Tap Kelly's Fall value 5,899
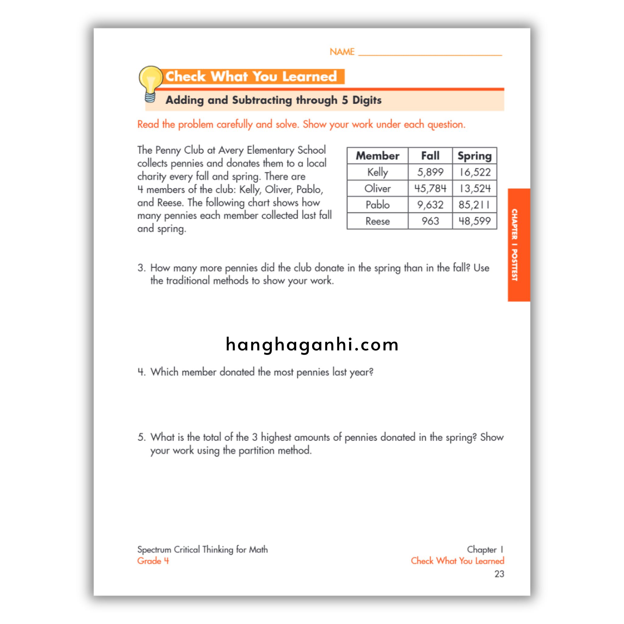click(x=430, y=172)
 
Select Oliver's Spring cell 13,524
click(x=475, y=188)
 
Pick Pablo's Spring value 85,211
click(x=474, y=205)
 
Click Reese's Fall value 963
click(x=430, y=221)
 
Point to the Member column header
click(x=377, y=156)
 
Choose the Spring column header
click(x=474, y=156)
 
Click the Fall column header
click(x=430, y=156)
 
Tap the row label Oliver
click(x=377, y=188)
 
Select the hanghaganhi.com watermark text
click(x=312, y=344)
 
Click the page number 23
click(x=499, y=574)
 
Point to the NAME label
click(x=342, y=52)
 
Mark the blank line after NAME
click(x=430, y=54)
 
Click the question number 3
click(x=141, y=268)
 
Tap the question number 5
click(x=141, y=437)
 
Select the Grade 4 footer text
click(x=153, y=561)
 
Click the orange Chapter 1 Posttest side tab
click(x=518, y=245)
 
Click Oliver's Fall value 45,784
click(x=430, y=188)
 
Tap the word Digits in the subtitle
click(x=367, y=100)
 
